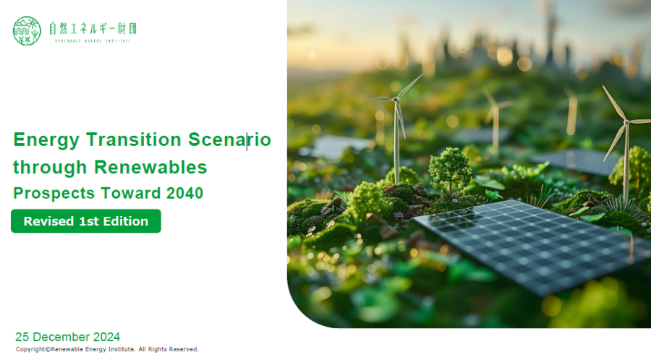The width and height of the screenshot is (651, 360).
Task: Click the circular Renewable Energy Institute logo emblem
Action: point(27,30)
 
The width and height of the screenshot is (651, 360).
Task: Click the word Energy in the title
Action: point(46,140)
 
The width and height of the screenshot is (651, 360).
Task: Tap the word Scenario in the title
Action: point(229,140)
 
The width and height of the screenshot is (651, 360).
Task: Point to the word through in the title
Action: point(50,168)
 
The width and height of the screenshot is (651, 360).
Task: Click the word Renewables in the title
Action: point(150,167)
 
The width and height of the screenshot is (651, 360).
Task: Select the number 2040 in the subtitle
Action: point(184,193)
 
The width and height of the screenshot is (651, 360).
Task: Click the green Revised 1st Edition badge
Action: point(86,221)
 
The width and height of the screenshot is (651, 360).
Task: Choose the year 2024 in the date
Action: point(107,337)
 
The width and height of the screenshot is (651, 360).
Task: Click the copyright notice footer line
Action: point(107,349)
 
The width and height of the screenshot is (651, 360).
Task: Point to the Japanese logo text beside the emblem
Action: point(93,29)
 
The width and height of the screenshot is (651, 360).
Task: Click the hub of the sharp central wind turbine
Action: point(396,100)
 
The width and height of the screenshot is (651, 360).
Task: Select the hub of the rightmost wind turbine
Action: point(626,121)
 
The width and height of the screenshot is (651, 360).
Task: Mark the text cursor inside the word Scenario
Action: point(247,142)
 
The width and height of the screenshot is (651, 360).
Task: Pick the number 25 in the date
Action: point(22,337)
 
